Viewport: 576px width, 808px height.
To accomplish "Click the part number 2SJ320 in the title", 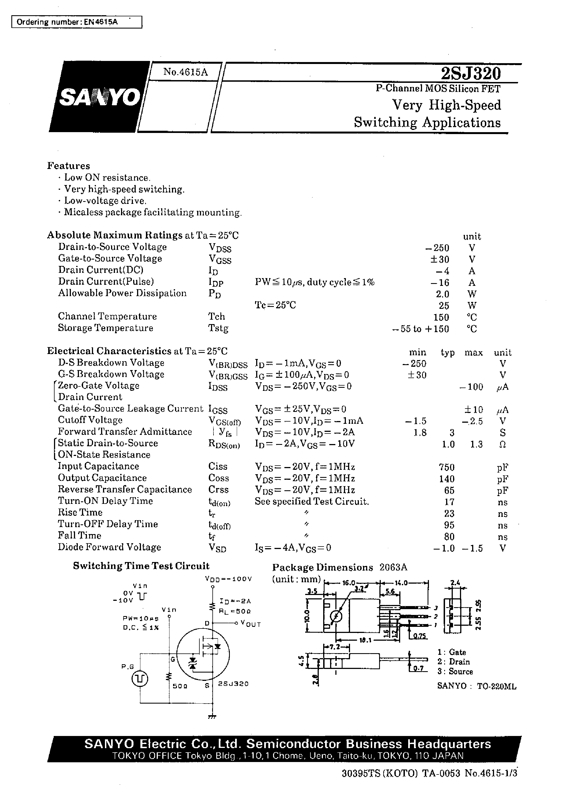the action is point(471,73).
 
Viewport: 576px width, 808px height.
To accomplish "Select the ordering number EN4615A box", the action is point(77,22).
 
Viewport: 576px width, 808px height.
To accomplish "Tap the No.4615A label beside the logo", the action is point(185,72).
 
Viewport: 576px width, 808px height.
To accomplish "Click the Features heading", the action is point(68,166).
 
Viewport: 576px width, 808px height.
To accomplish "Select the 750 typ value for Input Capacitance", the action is point(447,467).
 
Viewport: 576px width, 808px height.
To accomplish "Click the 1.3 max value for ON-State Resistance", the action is point(476,444).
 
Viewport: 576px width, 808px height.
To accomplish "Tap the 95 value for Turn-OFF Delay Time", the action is point(449,525).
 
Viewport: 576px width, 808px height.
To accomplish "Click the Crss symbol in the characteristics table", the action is point(218,489).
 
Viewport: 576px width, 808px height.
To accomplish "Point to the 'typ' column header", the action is point(448,353).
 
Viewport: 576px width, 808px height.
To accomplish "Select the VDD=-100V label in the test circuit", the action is point(228,579).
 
